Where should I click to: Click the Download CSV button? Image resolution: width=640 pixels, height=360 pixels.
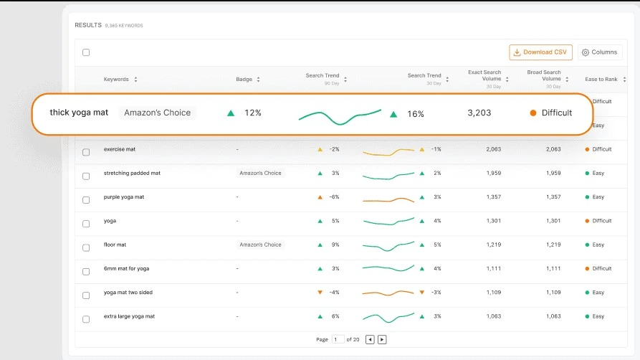[540, 52]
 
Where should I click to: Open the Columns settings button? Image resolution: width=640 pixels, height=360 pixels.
[600, 52]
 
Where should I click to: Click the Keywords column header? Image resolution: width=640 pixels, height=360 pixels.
[116, 79]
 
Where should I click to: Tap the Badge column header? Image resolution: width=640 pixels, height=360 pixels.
[246, 79]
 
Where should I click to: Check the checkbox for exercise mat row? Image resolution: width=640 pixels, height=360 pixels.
[86, 152]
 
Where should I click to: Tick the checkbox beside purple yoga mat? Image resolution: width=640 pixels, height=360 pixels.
[86, 199]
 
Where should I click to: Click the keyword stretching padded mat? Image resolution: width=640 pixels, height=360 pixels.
[132, 173]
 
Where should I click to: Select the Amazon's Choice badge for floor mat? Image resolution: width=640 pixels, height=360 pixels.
[260, 245]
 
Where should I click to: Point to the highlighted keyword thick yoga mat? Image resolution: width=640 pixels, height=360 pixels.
[79, 113]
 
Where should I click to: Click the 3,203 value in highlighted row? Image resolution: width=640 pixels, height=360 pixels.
[479, 113]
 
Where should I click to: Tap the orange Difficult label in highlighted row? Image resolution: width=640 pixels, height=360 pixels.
[556, 113]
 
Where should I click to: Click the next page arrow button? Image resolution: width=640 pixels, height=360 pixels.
[382, 339]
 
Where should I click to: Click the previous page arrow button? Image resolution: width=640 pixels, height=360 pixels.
[370, 339]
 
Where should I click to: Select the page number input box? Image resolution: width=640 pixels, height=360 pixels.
[338, 339]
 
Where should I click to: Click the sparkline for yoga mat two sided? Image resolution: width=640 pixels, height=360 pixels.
[388, 293]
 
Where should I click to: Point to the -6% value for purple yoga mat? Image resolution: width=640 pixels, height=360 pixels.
[334, 196]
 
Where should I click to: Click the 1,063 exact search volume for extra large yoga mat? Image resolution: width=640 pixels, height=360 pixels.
[493, 316]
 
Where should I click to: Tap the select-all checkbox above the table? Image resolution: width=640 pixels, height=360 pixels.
[86, 52]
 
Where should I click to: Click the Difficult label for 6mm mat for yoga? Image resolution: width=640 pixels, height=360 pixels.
[601, 268]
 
